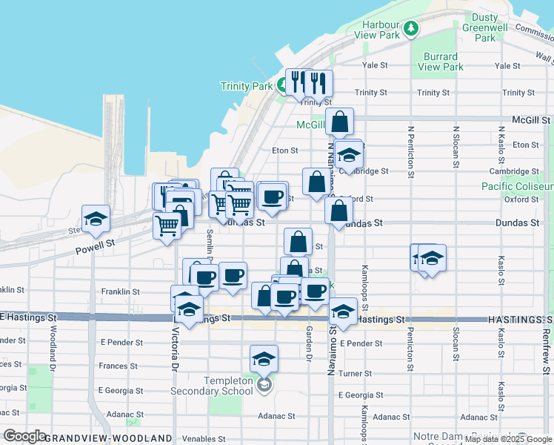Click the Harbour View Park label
coord(377,29)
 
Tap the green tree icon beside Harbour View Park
coord(411,29)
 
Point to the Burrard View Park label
coord(442,62)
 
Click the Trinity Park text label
coord(247,86)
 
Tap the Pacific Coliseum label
coord(517,186)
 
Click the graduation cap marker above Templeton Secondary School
coord(264,360)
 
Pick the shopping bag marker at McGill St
coord(339,122)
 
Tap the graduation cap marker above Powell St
coord(96,219)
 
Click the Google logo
coord(24,436)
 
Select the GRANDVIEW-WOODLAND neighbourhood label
coord(108,438)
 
